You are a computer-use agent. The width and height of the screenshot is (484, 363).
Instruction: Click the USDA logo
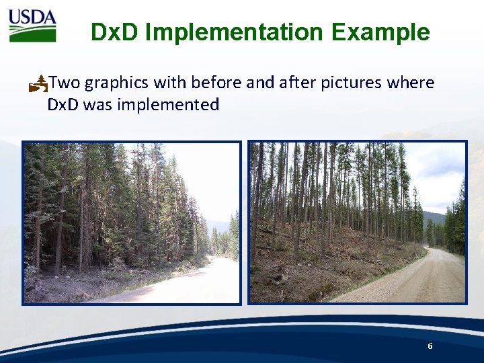(x=32, y=26)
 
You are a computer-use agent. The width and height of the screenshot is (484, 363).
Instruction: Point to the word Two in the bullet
(x=65, y=83)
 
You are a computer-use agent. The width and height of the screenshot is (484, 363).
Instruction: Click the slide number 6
(x=430, y=346)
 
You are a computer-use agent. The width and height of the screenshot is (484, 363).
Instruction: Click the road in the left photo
(x=195, y=282)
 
